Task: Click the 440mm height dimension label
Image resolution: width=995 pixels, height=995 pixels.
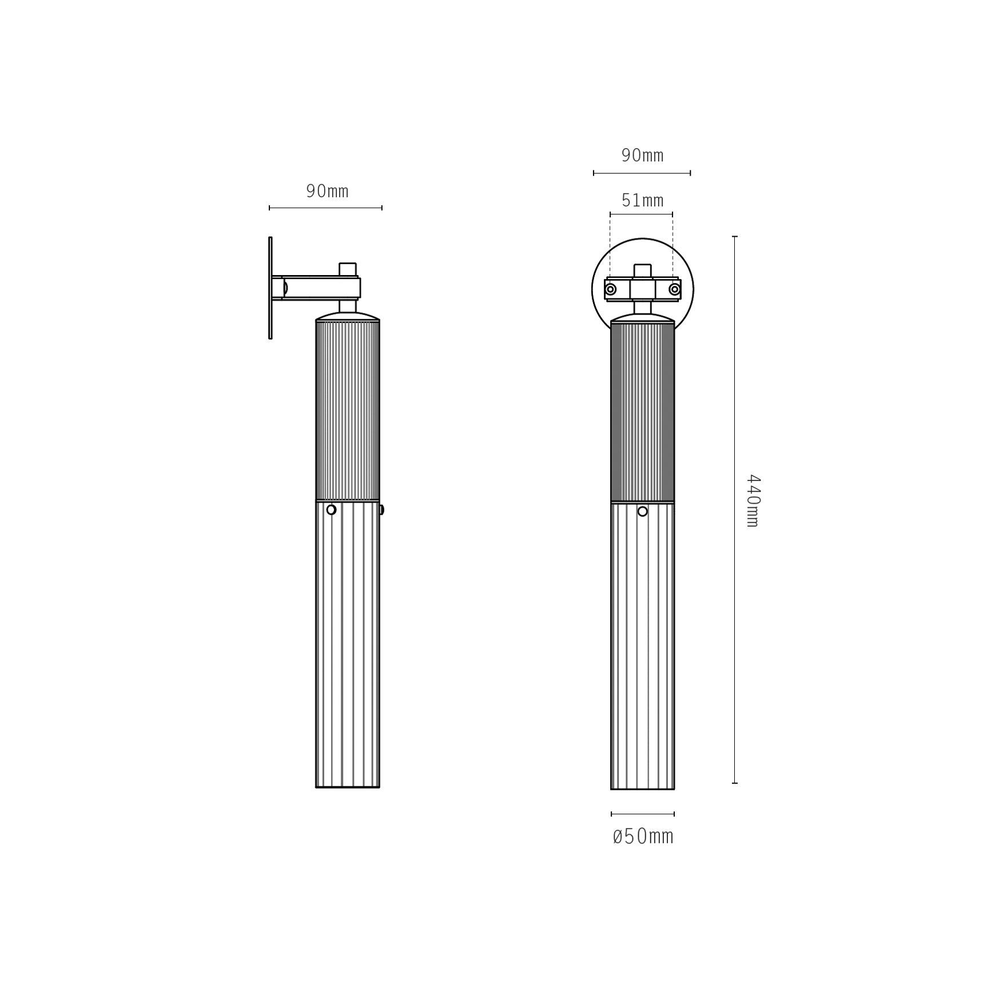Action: [x=753, y=500]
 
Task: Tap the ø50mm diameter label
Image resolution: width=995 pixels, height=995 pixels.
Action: [x=643, y=837]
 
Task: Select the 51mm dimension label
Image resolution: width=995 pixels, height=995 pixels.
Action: [x=642, y=200]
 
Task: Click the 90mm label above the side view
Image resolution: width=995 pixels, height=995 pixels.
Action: [x=327, y=191]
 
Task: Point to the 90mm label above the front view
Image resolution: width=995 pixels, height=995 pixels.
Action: [x=642, y=155]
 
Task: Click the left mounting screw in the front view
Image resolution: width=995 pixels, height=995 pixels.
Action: [x=611, y=289]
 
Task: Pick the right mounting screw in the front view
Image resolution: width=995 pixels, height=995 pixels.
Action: [x=675, y=289]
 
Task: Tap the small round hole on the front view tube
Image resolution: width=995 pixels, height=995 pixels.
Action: [x=643, y=511]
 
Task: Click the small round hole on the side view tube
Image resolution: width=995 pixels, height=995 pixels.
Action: [x=331, y=510]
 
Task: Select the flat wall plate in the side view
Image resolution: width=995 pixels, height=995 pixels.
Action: [x=270, y=288]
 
